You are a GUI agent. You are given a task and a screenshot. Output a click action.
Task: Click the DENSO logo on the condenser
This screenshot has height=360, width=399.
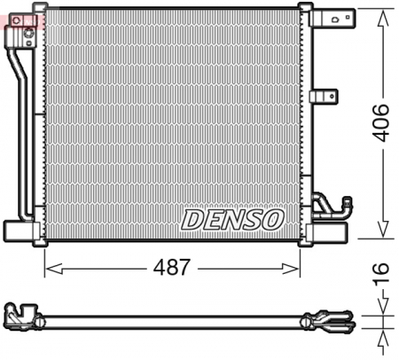[x=232, y=218]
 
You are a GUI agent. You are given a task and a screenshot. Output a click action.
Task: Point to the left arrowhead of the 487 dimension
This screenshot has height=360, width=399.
[x=50, y=267]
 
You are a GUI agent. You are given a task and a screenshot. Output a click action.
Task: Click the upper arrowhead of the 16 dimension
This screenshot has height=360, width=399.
[x=382, y=306]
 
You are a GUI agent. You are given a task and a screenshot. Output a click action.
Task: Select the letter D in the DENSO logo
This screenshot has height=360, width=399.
[x=192, y=218]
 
